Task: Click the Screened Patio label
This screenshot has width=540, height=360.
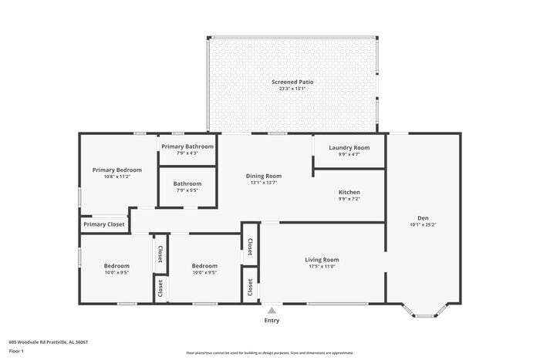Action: (x=292, y=82)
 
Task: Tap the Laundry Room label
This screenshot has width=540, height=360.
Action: (x=349, y=147)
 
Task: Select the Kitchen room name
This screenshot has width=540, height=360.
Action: (x=349, y=192)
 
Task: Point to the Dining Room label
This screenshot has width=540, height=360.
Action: (x=264, y=176)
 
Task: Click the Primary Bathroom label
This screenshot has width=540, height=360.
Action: (x=187, y=146)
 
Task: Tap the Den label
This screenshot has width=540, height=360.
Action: (x=424, y=218)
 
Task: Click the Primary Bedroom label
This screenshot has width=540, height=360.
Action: (x=117, y=170)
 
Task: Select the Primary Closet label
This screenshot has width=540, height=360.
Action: (x=104, y=224)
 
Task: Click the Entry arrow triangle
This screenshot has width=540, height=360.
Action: (x=272, y=310)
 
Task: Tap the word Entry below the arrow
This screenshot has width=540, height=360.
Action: (x=272, y=321)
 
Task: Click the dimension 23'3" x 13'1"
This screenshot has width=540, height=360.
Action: (x=292, y=89)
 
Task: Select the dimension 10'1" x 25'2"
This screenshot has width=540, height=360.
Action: (x=424, y=225)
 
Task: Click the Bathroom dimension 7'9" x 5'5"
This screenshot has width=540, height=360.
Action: (x=187, y=190)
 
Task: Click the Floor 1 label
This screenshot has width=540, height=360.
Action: (x=17, y=351)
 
